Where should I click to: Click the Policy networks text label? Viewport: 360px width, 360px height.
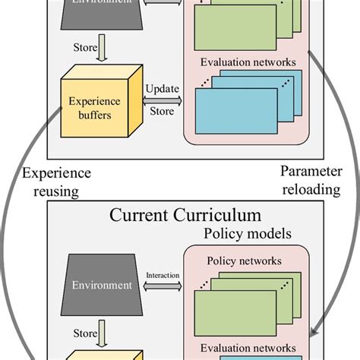[x=244, y=261]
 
